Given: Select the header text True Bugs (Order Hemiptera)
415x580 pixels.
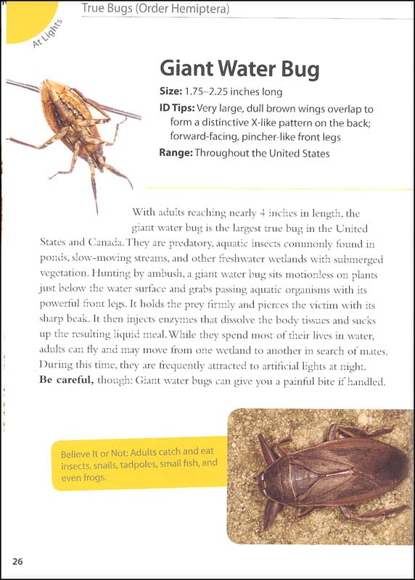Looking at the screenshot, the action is point(155,9).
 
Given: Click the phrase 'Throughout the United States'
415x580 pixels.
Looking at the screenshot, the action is point(266,153).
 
